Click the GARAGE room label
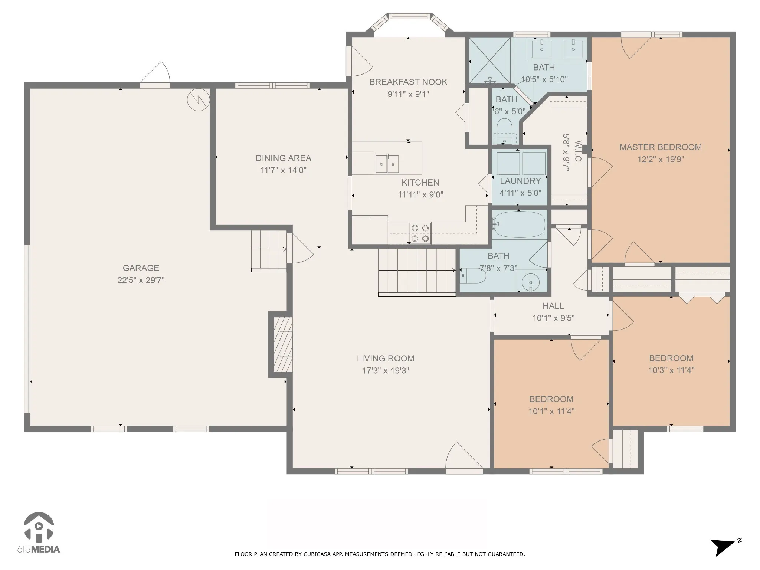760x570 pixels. (x=141, y=268)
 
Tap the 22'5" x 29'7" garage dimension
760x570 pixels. (x=141, y=280)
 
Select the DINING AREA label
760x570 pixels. (x=283, y=158)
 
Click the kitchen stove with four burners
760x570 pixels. (x=420, y=233)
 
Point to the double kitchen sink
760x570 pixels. (x=387, y=164)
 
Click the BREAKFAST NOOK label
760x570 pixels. (x=408, y=82)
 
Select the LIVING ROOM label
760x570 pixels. (x=386, y=358)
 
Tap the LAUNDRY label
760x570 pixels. (x=520, y=181)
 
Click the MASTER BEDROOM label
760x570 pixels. (x=661, y=147)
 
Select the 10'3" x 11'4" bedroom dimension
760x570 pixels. (x=671, y=370)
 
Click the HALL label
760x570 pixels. (x=553, y=306)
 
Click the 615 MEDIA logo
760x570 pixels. (x=39, y=533)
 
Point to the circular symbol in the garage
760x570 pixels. (x=198, y=100)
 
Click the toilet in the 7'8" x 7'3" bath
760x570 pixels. (x=473, y=276)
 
